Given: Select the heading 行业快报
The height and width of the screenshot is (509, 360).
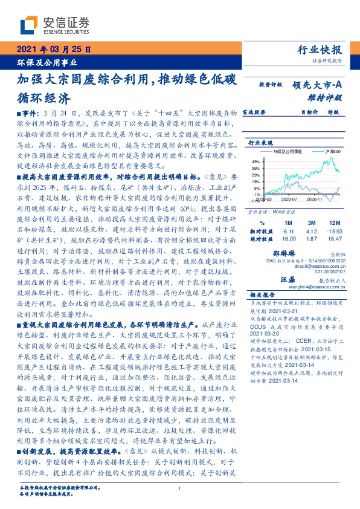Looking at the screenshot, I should pyautogui.click(x=320, y=50).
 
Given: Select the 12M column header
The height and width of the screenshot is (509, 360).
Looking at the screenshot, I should pyautogui.click(x=330, y=222).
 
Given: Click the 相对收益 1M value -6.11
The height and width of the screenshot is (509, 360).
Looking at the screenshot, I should pyautogui.click(x=288, y=231).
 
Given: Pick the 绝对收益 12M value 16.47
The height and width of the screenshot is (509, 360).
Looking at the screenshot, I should pyautogui.click(x=330, y=239).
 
